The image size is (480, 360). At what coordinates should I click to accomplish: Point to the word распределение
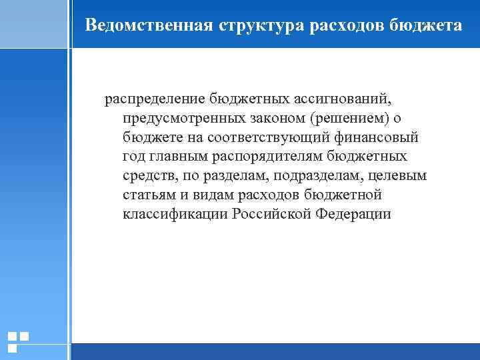154,99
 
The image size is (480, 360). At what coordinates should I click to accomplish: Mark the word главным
177,157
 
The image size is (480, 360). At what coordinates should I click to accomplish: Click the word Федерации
354,215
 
